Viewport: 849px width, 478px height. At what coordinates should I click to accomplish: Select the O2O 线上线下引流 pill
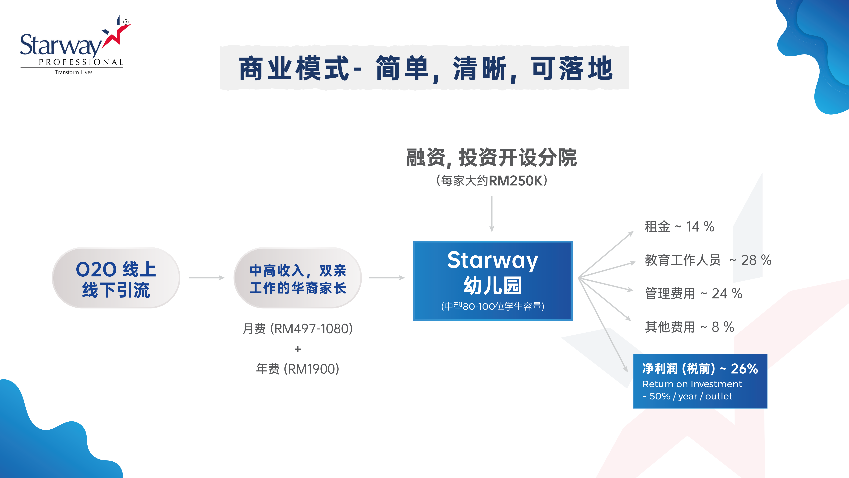[x=116, y=278]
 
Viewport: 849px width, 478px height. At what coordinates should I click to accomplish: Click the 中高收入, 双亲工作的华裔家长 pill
[x=298, y=278]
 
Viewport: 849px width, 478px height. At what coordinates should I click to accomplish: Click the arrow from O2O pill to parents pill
[x=207, y=278]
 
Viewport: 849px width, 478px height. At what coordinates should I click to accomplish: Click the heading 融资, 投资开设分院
[x=492, y=157]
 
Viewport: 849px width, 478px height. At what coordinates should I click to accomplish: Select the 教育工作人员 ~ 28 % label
[x=708, y=260]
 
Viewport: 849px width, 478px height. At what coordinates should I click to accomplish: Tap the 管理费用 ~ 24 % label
[x=693, y=293]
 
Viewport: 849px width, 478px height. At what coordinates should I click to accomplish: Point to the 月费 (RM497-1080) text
[x=298, y=329]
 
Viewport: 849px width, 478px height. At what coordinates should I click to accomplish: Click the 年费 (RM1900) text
[x=298, y=369]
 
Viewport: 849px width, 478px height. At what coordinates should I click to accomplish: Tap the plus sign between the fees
[x=298, y=349]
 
